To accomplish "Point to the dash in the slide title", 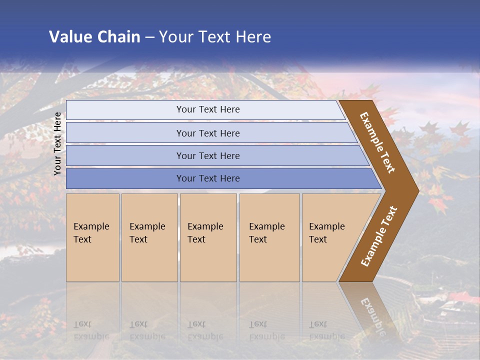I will pyautogui.click(x=149, y=37).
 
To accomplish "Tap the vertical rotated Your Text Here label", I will pyautogui.click(x=57, y=144).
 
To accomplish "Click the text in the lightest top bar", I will pyautogui.click(x=208, y=109).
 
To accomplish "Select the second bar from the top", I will pyautogui.click(x=208, y=133).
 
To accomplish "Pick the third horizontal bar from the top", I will pyautogui.click(x=208, y=155).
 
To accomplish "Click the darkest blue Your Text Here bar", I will pyautogui.click(x=208, y=178).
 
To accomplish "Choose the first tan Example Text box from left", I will pyautogui.click(x=92, y=237).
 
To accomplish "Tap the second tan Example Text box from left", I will pyautogui.click(x=149, y=237).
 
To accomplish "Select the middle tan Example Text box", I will pyautogui.click(x=208, y=237).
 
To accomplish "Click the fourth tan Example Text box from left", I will pyautogui.click(x=269, y=237).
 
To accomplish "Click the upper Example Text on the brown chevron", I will pyautogui.click(x=377, y=142).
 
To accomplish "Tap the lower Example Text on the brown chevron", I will pyautogui.click(x=378, y=236).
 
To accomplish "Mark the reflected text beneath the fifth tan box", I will pyautogui.click(x=327, y=330).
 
